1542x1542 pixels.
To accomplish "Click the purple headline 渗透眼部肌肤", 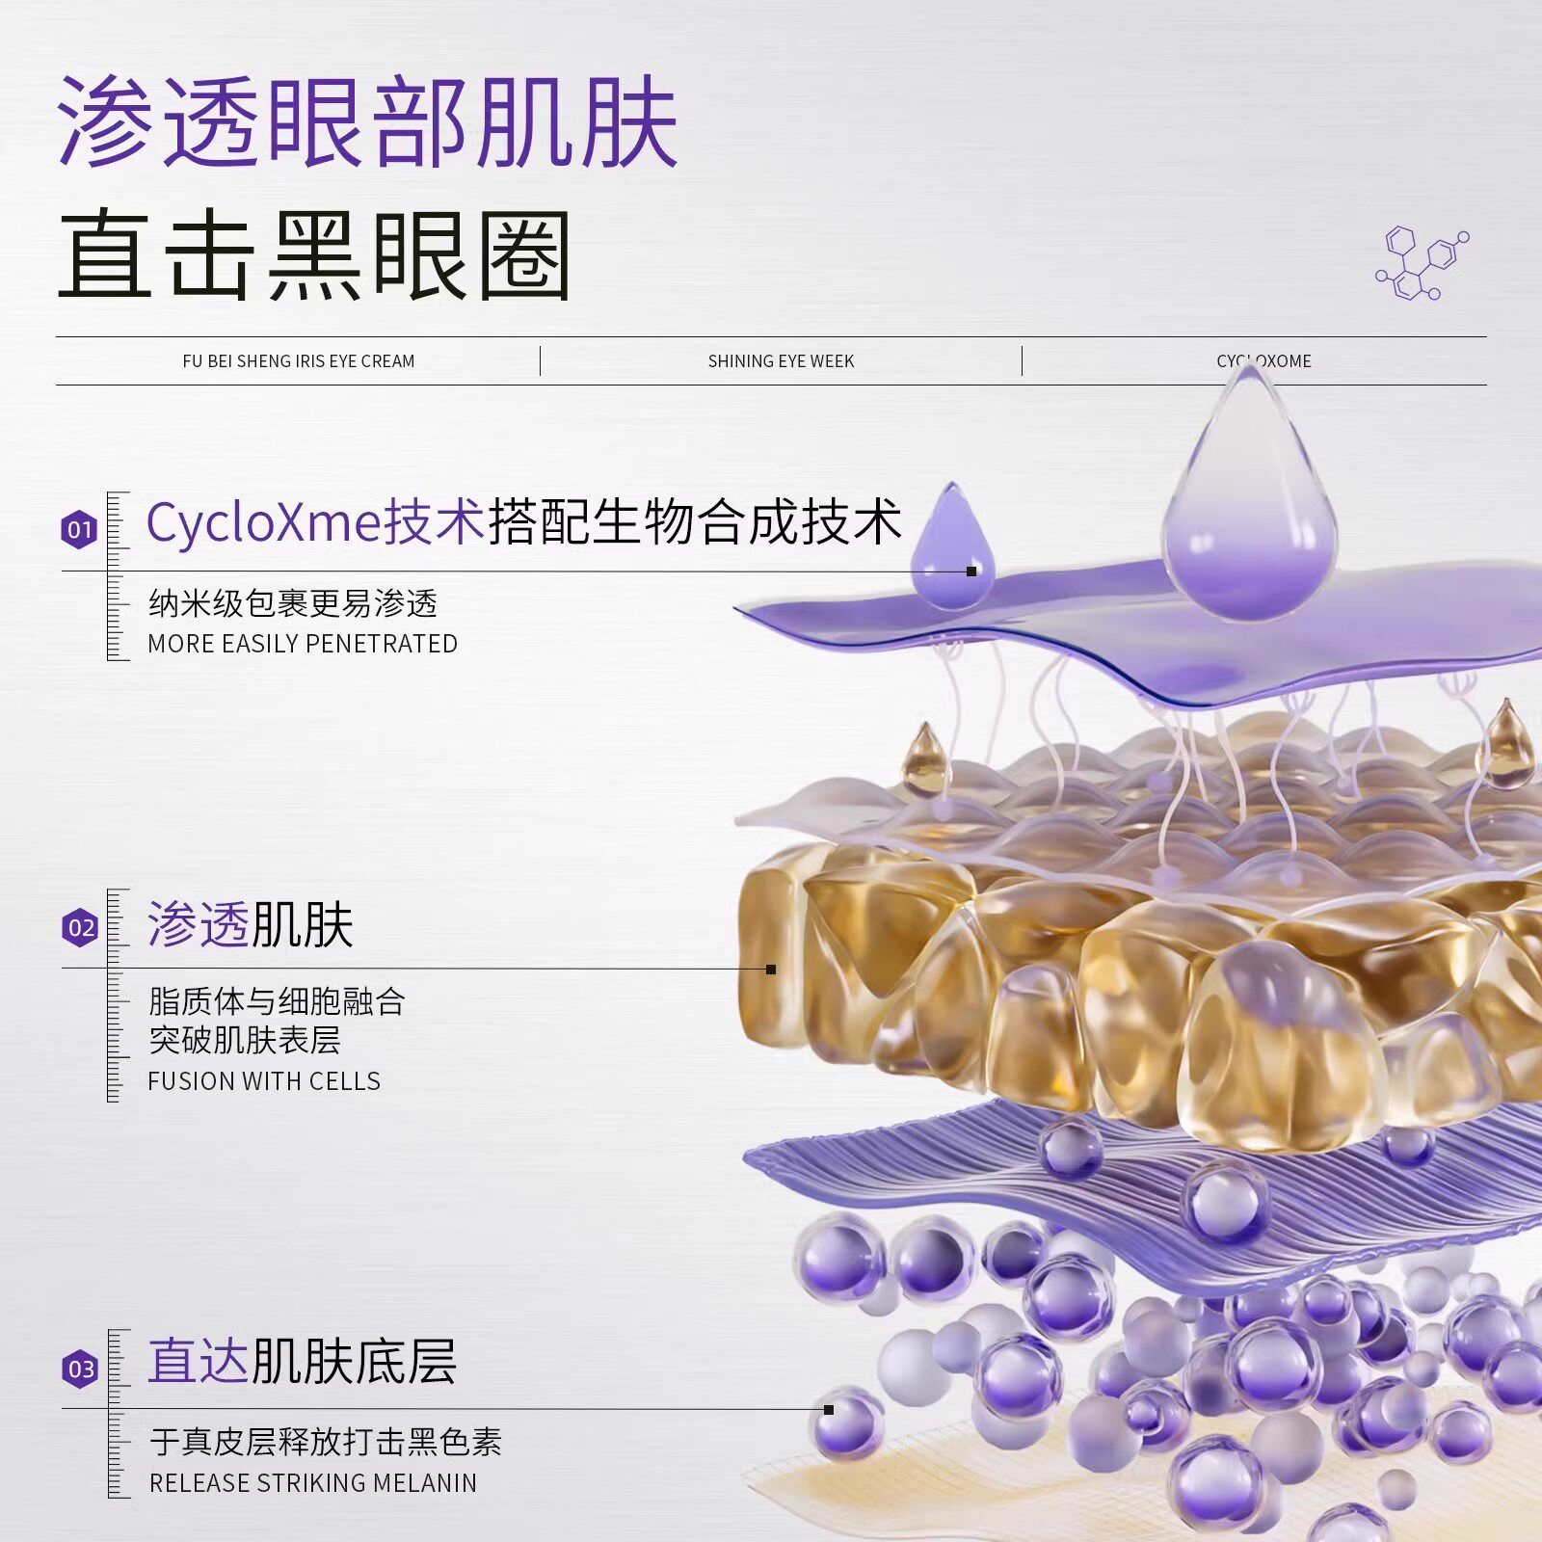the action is point(366,122).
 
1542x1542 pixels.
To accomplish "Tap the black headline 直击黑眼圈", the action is point(315,256).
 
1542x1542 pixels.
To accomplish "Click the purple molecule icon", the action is point(1422,263).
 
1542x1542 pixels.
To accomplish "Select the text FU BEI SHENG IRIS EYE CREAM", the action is point(299,361).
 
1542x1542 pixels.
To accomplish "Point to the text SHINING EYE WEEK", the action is point(781,361).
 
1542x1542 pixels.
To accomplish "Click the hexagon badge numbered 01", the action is point(80,529).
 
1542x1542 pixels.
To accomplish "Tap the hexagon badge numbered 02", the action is point(80,928).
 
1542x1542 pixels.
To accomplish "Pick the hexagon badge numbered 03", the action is point(80,1369).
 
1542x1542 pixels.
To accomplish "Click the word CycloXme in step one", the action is point(263,522).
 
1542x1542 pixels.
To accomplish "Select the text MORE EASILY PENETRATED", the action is point(303,644).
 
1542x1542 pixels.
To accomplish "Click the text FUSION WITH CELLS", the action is point(264,1081).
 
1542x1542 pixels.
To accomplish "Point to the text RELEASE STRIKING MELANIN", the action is point(312,1483).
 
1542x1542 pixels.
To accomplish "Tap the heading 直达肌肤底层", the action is point(302,1362).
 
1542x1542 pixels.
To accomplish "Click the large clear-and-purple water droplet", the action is point(1249,511).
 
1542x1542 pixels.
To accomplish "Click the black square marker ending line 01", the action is point(971,572).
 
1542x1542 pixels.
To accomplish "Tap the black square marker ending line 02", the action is point(771,970).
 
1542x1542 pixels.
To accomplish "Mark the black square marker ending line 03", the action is point(829,1410).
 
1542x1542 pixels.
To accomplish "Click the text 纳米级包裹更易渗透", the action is point(293,604).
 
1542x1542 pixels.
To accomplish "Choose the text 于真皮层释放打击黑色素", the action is point(326,1442).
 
